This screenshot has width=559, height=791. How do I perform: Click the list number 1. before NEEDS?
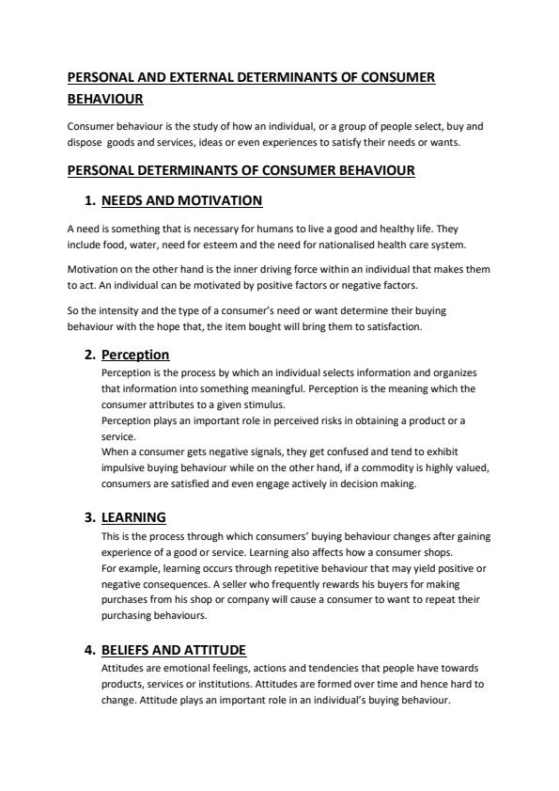point(90,200)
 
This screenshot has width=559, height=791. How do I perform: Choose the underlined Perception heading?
point(135,355)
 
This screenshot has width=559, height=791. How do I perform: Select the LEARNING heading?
point(133,517)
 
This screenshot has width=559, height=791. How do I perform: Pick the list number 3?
point(90,517)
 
